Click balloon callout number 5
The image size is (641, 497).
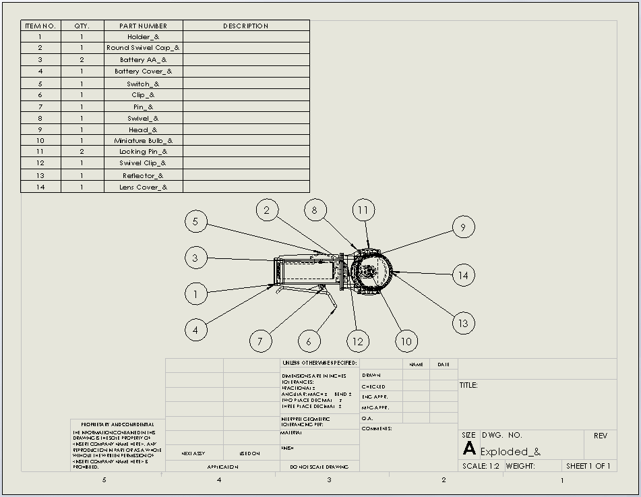pyautogui.click(x=195, y=221)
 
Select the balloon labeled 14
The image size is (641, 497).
pyautogui.click(x=463, y=275)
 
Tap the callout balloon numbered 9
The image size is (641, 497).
pyautogui.click(x=463, y=227)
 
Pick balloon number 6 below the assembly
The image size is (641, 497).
pyautogui.click(x=309, y=341)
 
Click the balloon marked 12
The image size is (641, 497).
pyautogui.click(x=357, y=341)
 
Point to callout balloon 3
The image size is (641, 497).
pyautogui.click(x=195, y=258)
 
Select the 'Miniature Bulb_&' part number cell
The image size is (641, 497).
pyautogui.click(x=143, y=140)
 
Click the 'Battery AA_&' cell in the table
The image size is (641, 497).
pyautogui.click(x=143, y=60)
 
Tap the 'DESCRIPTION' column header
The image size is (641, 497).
pyautogui.click(x=245, y=26)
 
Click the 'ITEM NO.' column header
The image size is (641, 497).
pyautogui.click(x=40, y=26)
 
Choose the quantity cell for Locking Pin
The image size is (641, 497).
pyautogui.click(x=82, y=152)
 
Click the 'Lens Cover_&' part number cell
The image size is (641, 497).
pyautogui.click(x=143, y=187)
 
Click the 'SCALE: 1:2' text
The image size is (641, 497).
pyautogui.click(x=481, y=466)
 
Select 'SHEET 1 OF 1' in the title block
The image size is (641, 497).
pyautogui.click(x=588, y=466)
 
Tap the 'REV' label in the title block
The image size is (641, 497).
pyautogui.click(x=600, y=436)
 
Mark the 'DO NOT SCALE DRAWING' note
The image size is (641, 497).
pyautogui.click(x=319, y=466)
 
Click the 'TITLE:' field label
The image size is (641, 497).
pyautogui.click(x=468, y=385)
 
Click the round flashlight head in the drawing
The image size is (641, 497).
pyautogui.click(x=370, y=272)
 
